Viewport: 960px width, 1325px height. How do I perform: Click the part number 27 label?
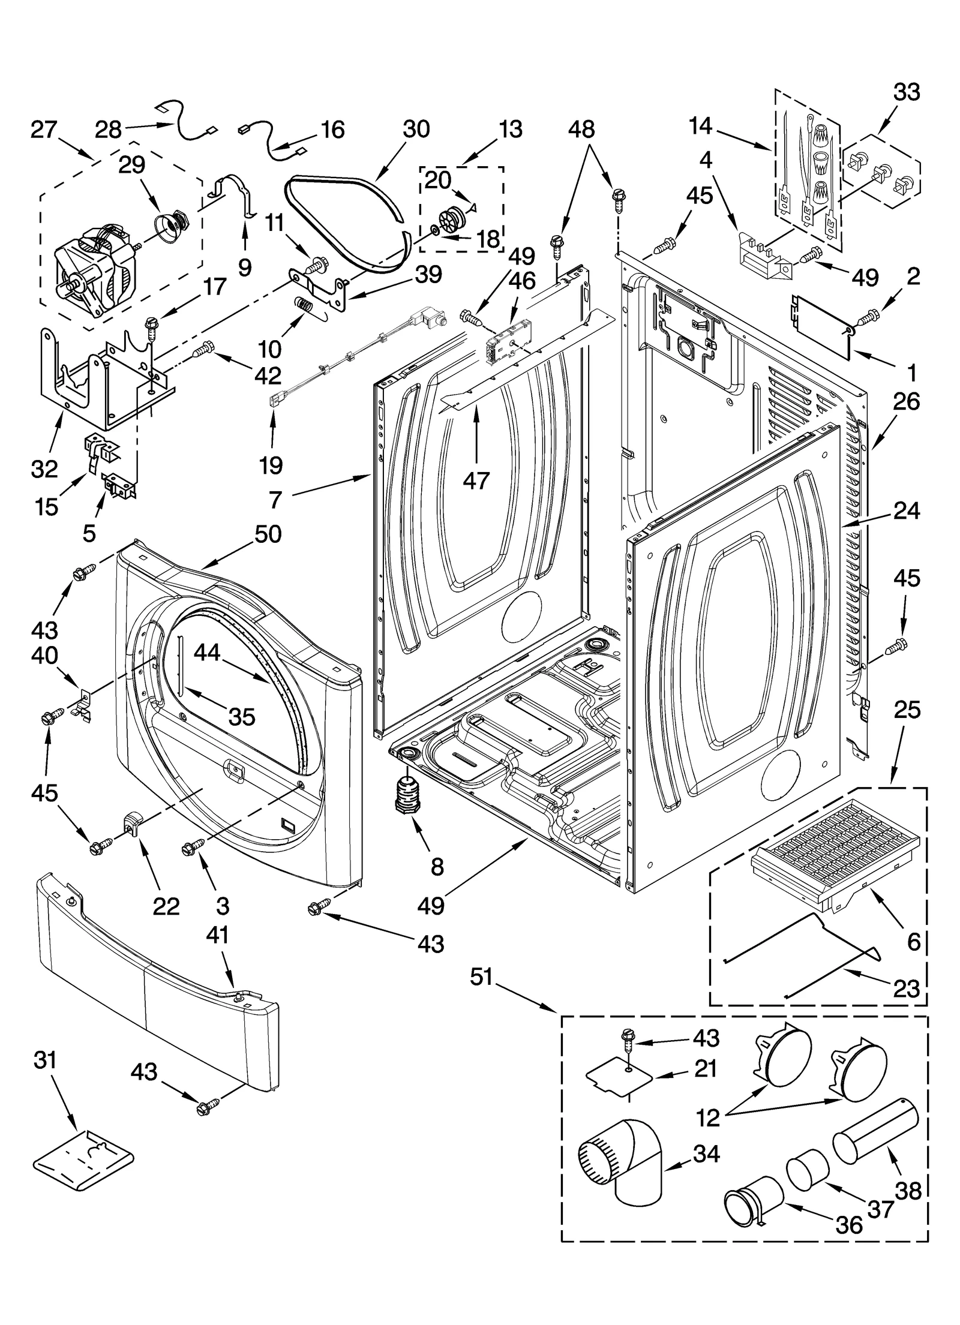point(44,130)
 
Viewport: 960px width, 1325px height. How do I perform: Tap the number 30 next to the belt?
point(416,129)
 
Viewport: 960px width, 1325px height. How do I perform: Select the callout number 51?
point(481,977)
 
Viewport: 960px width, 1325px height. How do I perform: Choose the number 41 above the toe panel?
point(217,951)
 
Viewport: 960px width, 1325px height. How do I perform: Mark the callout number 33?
point(907,93)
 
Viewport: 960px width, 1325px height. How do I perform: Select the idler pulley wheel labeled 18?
point(450,218)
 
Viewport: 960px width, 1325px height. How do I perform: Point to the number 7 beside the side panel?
point(275,498)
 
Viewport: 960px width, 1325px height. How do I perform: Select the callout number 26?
point(906,402)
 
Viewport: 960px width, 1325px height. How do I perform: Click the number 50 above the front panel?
point(268,534)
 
